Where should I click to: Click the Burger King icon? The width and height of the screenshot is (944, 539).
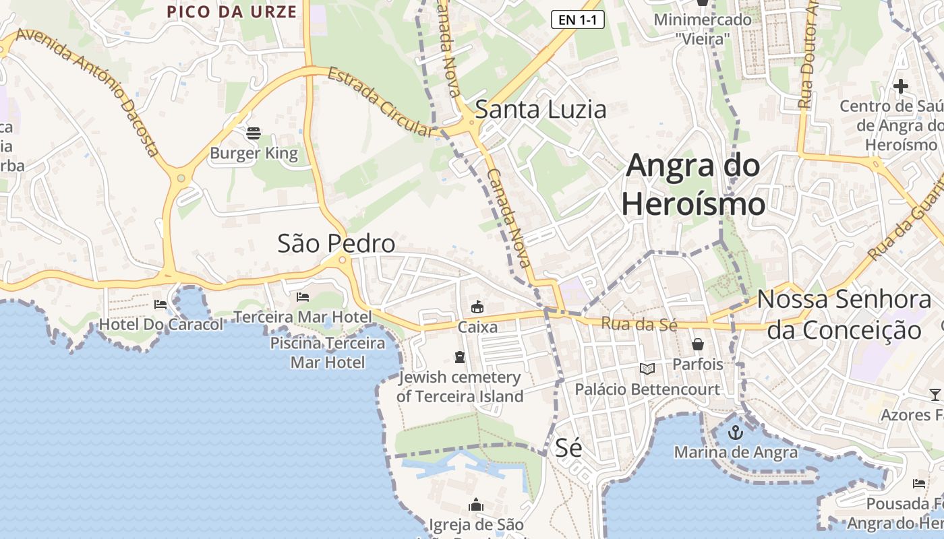pyautogui.click(x=254, y=133)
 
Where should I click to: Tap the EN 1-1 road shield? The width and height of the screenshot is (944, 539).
pyautogui.click(x=577, y=20)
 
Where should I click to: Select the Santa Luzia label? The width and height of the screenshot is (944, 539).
pyautogui.click(x=541, y=109)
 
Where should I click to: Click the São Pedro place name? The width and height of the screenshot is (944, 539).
pyautogui.click(x=336, y=243)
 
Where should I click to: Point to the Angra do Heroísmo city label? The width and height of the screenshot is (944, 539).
pyautogui.click(x=693, y=185)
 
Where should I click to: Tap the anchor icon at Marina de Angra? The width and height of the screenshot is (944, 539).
pyautogui.click(x=735, y=432)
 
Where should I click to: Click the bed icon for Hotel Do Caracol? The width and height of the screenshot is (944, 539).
pyautogui.click(x=160, y=305)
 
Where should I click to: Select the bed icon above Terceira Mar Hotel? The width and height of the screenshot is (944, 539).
pyautogui.click(x=303, y=296)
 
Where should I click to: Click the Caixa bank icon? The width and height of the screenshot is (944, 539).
pyautogui.click(x=477, y=307)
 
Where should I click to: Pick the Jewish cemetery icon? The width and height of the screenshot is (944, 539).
pyautogui.click(x=460, y=356)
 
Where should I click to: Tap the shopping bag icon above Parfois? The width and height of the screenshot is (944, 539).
pyautogui.click(x=698, y=344)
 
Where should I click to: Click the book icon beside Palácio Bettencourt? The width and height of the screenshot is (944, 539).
pyautogui.click(x=647, y=369)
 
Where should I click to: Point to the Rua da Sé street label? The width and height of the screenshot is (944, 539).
pyautogui.click(x=639, y=324)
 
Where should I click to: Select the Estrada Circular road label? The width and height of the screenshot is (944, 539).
pyautogui.click(x=379, y=101)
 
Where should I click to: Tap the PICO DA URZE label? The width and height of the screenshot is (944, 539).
pyautogui.click(x=231, y=11)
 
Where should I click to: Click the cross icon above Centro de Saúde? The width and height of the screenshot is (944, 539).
pyautogui.click(x=900, y=86)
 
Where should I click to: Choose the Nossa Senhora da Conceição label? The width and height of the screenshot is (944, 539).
pyautogui.click(x=844, y=315)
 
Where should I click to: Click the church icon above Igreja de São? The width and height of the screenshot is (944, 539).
pyautogui.click(x=476, y=505)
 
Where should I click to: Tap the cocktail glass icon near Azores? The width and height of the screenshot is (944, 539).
pyautogui.click(x=935, y=394)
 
